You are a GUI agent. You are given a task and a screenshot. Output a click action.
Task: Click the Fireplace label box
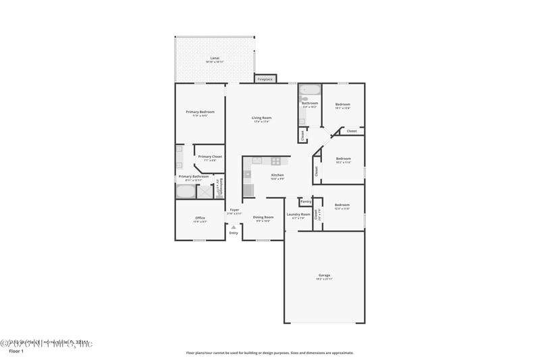[265, 79]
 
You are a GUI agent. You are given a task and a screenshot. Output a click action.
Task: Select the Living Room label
[261, 120]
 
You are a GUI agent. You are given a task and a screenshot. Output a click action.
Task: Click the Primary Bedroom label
[200, 113]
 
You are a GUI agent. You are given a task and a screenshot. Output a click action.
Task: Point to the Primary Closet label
[210, 157]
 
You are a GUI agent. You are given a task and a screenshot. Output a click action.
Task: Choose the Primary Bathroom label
[194, 178]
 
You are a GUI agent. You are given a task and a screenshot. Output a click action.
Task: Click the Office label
[200, 219]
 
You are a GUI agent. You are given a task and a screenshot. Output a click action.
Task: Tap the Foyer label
[234, 211]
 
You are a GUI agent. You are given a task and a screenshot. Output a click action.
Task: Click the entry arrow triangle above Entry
[234, 227]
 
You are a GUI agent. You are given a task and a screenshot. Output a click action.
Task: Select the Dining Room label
[263, 219]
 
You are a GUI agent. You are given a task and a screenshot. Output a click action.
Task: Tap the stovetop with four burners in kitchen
[275, 161]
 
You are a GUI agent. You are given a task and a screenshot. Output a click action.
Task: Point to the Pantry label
[306, 201]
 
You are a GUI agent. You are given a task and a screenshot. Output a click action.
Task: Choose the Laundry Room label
[298, 215]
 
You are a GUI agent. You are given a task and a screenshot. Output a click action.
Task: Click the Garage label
[324, 276]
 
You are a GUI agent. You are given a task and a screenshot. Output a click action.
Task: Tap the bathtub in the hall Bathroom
[310, 90]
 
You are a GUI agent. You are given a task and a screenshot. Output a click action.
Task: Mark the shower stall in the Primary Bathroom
[205, 191]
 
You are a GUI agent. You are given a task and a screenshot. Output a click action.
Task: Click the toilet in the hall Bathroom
[304, 99]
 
